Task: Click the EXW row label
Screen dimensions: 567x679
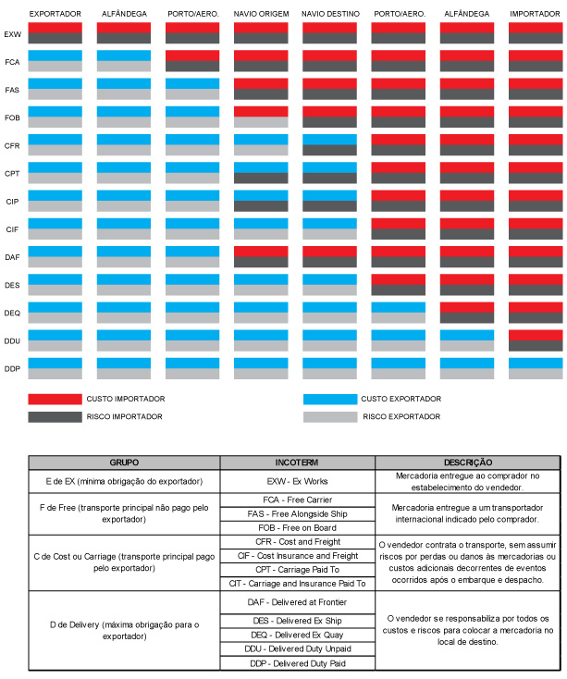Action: [12, 34]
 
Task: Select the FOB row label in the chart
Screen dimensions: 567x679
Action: [12, 117]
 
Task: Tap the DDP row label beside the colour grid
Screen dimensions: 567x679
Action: [12, 369]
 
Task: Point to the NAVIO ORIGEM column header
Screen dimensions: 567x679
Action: [261, 14]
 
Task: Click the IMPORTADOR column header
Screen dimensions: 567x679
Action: [535, 14]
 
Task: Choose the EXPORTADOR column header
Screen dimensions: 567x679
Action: [55, 14]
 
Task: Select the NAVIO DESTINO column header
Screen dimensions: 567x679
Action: [330, 14]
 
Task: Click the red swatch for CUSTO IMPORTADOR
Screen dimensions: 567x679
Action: [55, 399]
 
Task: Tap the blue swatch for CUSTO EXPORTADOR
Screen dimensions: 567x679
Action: [330, 399]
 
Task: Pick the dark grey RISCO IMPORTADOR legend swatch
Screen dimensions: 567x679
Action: [55, 417]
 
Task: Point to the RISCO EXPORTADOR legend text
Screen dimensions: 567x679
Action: [401, 416]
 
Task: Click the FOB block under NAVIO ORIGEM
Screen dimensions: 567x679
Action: [261, 117]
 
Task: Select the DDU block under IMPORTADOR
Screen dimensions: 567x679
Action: [536, 340]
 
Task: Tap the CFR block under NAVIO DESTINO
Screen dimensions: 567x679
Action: [330, 144]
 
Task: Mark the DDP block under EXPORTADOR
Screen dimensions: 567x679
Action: [55, 368]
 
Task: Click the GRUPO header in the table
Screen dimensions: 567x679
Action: [124, 463]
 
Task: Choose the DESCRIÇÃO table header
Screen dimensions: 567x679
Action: [468, 463]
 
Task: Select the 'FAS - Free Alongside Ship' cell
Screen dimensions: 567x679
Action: [297, 514]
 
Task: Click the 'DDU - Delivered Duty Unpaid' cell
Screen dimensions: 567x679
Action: [297, 649]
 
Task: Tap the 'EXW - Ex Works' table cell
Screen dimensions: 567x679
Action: [297, 482]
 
